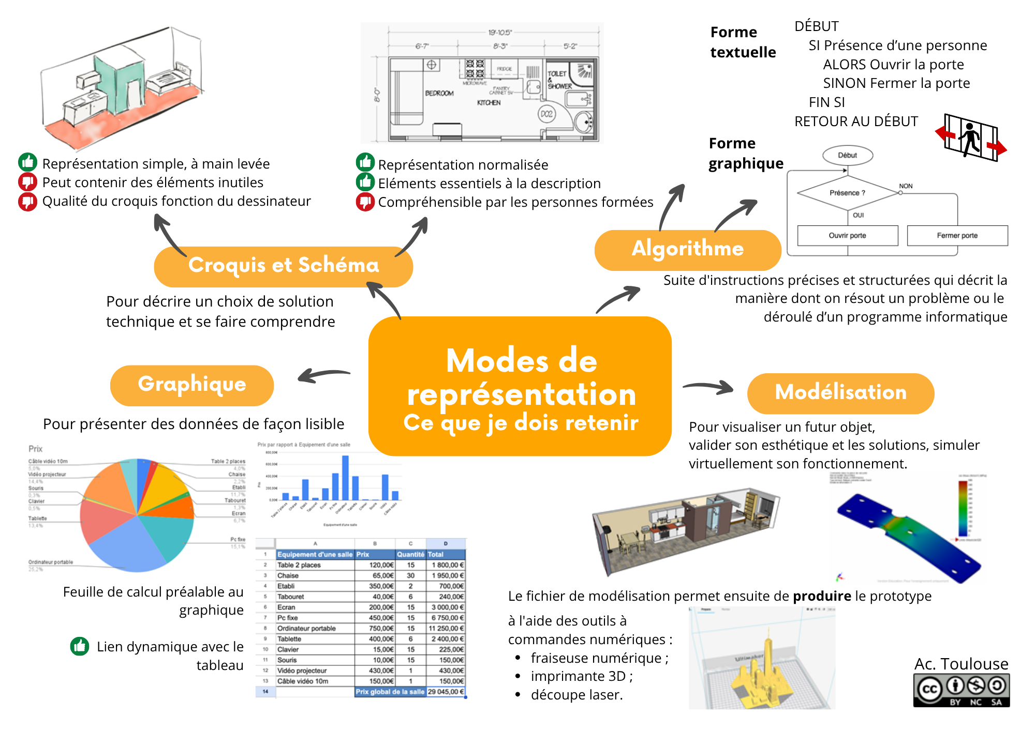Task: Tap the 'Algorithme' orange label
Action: click(687, 250)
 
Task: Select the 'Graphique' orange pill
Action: click(192, 385)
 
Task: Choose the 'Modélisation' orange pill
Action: click(840, 393)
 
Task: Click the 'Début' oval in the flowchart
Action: click(847, 155)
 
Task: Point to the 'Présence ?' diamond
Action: click(848, 193)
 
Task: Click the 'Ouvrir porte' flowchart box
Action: click(847, 236)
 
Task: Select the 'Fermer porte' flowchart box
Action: click(957, 236)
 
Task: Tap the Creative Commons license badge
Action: click(961, 690)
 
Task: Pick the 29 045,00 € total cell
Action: click(446, 692)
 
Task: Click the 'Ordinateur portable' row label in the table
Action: click(306, 629)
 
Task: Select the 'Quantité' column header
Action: click(410, 554)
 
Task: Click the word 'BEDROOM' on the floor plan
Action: click(439, 94)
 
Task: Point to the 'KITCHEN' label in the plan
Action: click(489, 103)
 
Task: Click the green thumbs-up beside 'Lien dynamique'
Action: click(80, 646)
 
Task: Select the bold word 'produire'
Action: click(822, 596)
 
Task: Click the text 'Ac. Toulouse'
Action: click(961, 664)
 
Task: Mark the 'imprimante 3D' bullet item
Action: click(581, 676)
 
